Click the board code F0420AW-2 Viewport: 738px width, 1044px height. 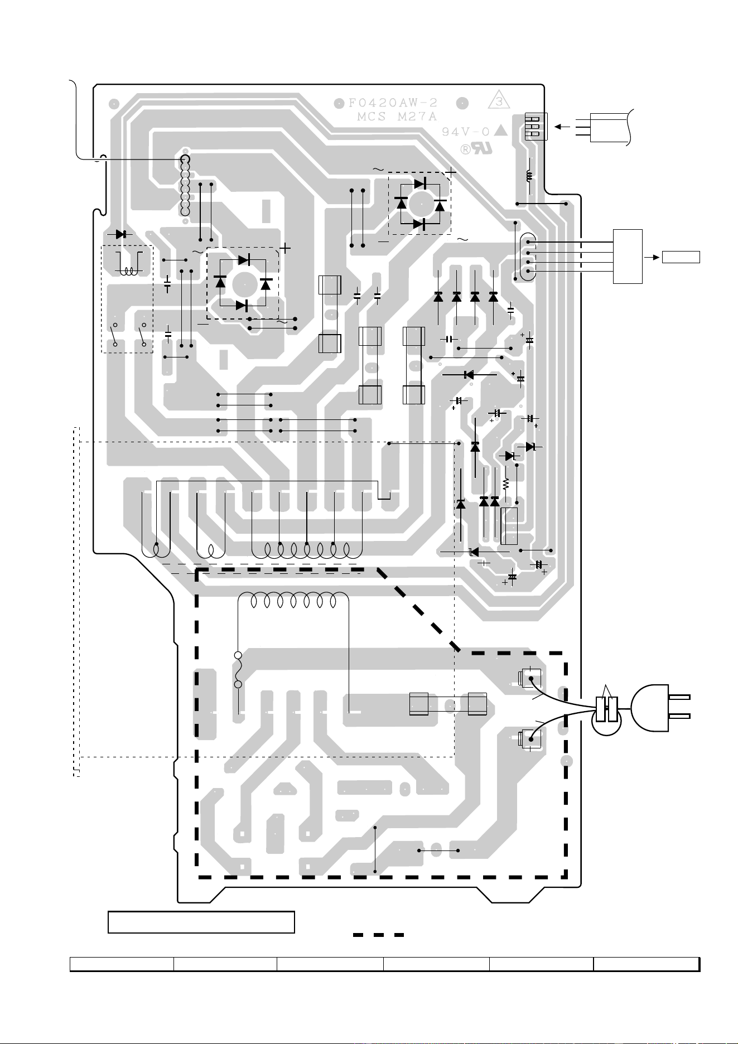point(393,103)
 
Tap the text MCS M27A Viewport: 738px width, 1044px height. point(397,117)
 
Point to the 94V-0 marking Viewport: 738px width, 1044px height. point(466,132)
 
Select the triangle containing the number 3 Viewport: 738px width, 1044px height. point(499,101)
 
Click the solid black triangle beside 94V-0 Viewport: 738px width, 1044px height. point(501,131)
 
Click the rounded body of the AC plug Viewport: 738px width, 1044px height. point(649,707)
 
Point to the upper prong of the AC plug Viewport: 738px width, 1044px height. point(679,697)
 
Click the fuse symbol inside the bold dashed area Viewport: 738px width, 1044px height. point(238,670)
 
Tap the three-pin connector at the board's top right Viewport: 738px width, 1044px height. point(536,127)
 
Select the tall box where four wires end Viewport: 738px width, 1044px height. point(628,256)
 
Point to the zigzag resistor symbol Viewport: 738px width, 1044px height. point(506,482)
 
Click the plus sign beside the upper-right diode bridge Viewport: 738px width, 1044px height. point(451,173)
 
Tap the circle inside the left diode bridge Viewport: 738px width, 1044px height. point(243,283)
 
